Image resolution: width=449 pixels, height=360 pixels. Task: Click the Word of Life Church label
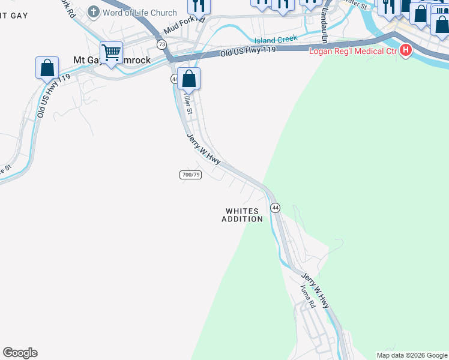pyautogui.click(x=140, y=13)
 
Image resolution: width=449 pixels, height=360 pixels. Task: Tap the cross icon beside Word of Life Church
pyautogui.click(x=94, y=11)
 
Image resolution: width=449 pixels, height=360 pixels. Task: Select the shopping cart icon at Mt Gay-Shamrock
pyautogui.click(x=112, y=53)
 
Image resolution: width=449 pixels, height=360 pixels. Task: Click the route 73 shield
pyautogui.click(x=162, y=44)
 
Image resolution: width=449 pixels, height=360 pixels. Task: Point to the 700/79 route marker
pyautogui.click(x=190, y=175)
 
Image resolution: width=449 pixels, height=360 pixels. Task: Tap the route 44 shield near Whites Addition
pyautogui.click(x=275, y=208)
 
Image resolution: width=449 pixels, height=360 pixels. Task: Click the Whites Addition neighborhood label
pyautogui.click(x=243, y=215)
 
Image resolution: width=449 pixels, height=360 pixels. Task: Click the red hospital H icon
pyautogui.click(x=405, y=50)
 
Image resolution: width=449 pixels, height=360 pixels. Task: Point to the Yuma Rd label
pyautogui.click(x=308, y=296)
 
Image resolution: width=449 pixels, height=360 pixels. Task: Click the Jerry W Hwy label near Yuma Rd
pyautogui.click(x=316, y=290)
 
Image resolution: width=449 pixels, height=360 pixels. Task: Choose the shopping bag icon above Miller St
pyautogui.click(x=188, y=78)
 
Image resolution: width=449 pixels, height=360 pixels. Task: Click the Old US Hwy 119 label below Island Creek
pyautogui.click(x=248, y=52)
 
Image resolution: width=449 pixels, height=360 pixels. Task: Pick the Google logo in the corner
pyautogui.click(x=20, y=353)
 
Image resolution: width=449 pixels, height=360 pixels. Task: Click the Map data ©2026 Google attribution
pyautogui.click(x=412, y=355)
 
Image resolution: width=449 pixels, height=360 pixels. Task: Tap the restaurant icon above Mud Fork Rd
pyautogui.click(x=198, y=6)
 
